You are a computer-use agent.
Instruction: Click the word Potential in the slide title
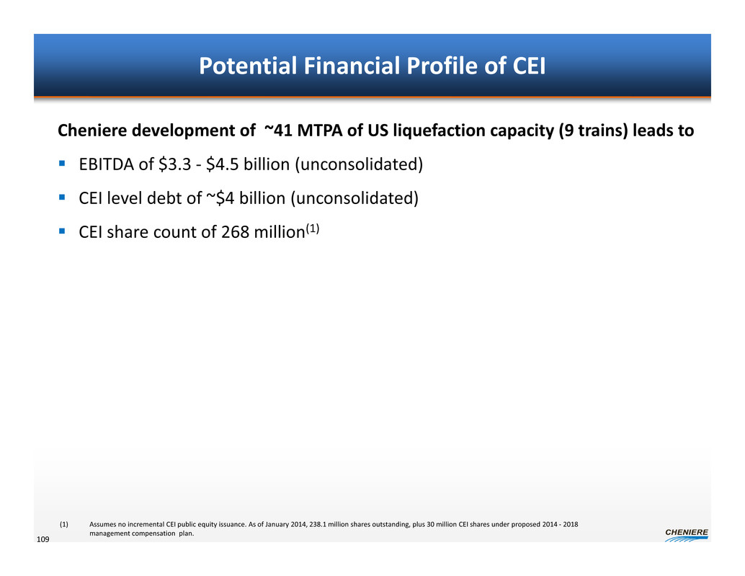click(248, 66)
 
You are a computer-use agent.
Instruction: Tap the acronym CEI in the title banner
click(529, 66)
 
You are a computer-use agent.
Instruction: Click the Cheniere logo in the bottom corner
click(687, 535)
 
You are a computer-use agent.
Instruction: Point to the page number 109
click(43, 539)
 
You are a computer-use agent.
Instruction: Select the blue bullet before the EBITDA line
click(62, 163)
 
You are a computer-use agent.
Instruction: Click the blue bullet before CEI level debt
click(62, 197)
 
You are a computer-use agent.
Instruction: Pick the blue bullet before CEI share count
click(62, 231)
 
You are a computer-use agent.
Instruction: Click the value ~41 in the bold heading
click(278, 130)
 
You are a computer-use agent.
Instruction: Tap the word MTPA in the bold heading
click(320, 130)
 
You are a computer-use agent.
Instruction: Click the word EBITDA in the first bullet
click(107, 164)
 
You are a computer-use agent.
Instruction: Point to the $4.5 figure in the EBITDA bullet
click(223, 164)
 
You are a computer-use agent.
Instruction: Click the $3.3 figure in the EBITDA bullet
click(175, 164)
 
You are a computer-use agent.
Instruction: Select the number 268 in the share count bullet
click(235, 232)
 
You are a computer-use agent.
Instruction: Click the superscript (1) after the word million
click(312, 229)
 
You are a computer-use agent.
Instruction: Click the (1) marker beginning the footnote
click(63, 524)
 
